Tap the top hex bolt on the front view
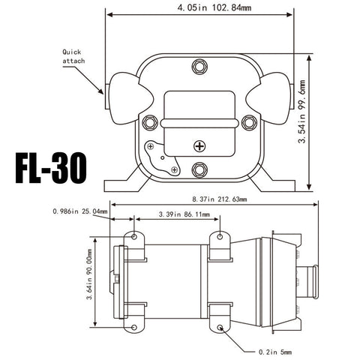pyautogui.click(x=199, y=66)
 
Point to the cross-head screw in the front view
pyautogui.click(x=199, y=145)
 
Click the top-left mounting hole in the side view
pyautogui.click(x=135, y=237)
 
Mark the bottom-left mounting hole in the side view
pyautogui.click(x=135, y=328)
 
